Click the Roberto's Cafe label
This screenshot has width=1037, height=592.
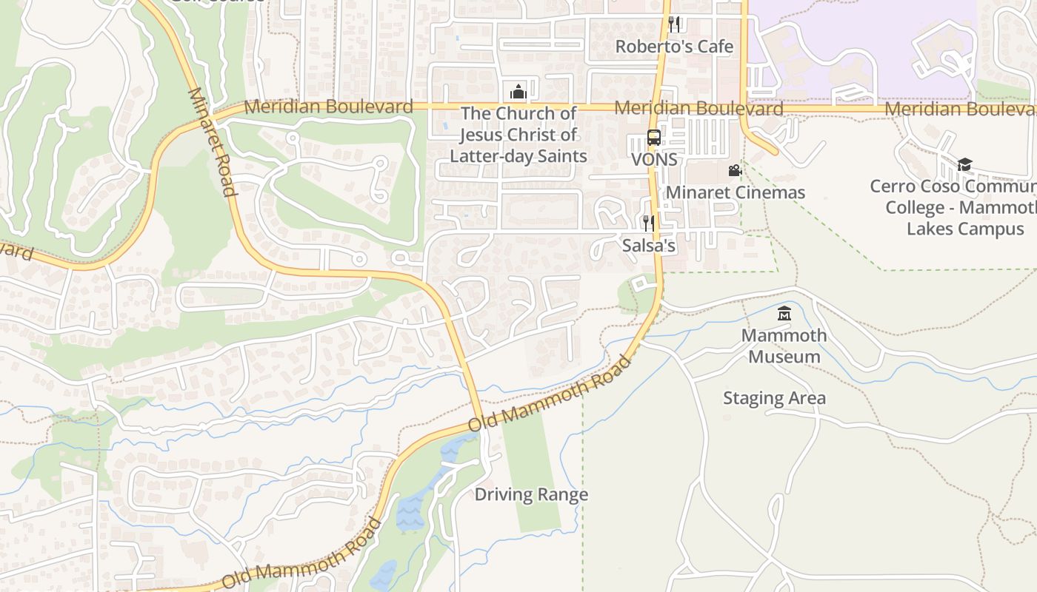(x=674, y=47)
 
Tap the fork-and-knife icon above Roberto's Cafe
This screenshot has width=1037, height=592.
(x=674, y=24)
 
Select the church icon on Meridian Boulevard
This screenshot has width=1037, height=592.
(x=518, y=92)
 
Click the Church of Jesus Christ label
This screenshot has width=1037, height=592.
(x=518, y=135)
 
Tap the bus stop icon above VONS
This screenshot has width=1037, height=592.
(x=653, y=138)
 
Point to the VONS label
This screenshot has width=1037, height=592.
(x=654, y=160)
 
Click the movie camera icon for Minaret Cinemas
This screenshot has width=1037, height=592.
(x=735, y=171)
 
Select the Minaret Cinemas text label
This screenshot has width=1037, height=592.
(x=735, y=193)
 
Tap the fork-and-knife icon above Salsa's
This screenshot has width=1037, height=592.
(x=649, y=223)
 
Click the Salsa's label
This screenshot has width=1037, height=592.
(x=649, y=246)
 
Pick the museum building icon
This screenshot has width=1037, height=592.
(x=784, y=314)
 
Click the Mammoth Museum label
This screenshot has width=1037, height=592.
(x=784, y=346)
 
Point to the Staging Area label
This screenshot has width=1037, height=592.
(x=774, y=398)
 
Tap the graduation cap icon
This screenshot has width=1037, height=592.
(x=964, y=164)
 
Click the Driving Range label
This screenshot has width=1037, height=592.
(x=531, y=494)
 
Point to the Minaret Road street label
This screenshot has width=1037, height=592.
(x=212, y=142)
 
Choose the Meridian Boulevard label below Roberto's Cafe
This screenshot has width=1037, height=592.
(x=698, y=108)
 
